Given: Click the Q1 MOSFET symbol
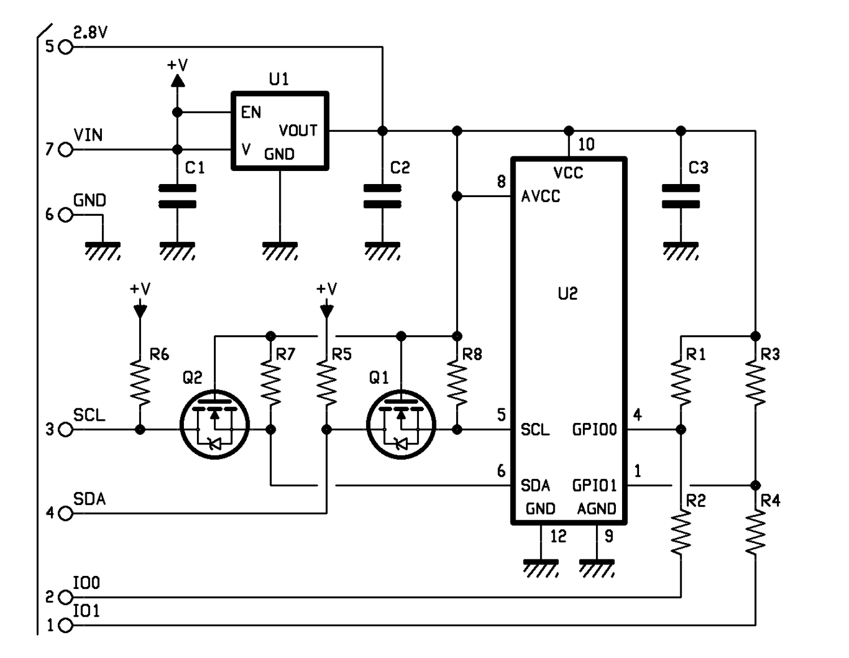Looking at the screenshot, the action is coord(401,424).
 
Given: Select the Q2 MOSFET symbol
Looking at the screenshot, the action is coord(215,424).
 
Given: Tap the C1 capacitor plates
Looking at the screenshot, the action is coord(177,196).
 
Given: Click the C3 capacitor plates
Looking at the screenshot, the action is coord(680,196).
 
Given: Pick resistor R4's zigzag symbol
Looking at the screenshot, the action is coord(755,532).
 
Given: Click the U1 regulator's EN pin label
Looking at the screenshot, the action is coord(251,113).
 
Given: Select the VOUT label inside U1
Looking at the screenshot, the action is coord(298,130).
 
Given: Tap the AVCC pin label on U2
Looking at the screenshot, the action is coord(541,196).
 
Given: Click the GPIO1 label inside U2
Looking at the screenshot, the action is coord(594,486).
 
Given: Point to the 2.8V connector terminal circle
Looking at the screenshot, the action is coord(66,47).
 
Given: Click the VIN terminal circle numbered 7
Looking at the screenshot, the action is coord(66,149).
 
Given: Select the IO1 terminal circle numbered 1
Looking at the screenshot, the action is coord(66,626).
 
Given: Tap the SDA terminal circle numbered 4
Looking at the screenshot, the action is coord(66,514).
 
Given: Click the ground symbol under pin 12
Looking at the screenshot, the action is coord(541,569).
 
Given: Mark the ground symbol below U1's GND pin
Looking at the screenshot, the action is coord(280,251).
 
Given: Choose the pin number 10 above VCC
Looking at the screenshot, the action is coord(586,144).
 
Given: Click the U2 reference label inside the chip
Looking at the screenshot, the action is coord(568,293).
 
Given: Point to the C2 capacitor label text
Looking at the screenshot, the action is coord(400,168).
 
